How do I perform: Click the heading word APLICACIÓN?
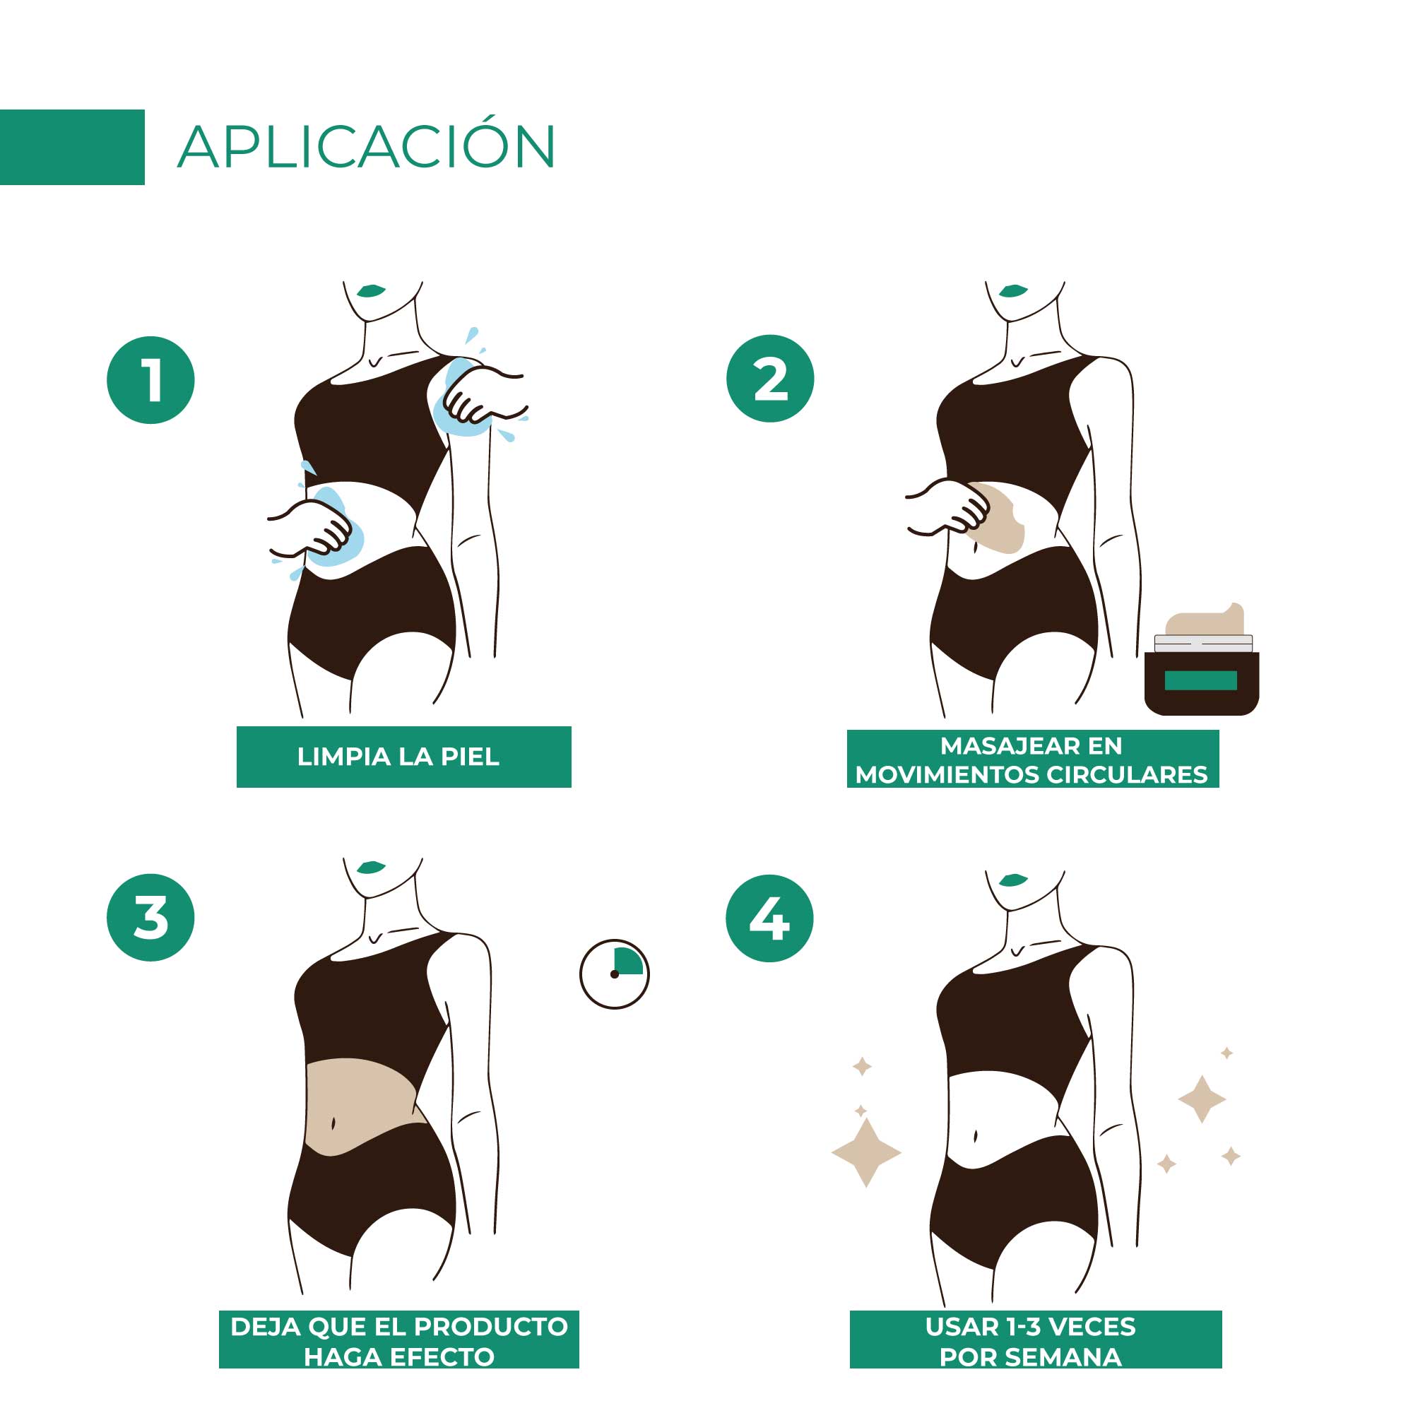[x=367, y=144]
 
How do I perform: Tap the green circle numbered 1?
[x=150, y=379]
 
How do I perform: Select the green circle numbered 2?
[x=770, y=379]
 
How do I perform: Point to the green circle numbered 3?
[x=150, y=917]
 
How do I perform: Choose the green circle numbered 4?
[x=769, y=918]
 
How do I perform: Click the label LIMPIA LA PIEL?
[x=398, y=757]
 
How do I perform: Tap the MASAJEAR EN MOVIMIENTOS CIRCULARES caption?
[x=1031, y=761]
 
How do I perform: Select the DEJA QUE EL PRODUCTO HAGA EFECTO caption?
[x=399, y=1342]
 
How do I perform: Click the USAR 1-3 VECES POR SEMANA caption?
[x=1031, y=1342]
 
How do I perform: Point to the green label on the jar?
[x=1200, y=680]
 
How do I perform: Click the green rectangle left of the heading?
[x=72, y=147]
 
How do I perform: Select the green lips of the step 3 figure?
[x=371, y=868]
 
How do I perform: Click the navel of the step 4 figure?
[x=976, y=1137]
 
